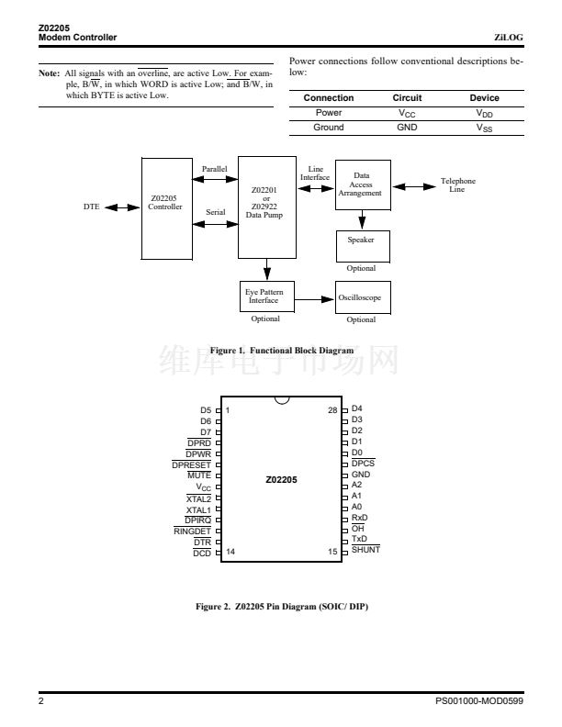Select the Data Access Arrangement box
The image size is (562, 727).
(x=362, y=186)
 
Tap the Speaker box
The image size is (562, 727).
(x=362, y=244)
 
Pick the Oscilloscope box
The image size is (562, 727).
(x=362, y=298)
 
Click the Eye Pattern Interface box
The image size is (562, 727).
(x=264, y=296)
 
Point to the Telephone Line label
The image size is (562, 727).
(x=457, y=185)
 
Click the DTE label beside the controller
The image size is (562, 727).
(x=91, y=207)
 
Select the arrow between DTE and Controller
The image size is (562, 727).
(x=121, y=207)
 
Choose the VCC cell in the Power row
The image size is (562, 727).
(x=407, y=113)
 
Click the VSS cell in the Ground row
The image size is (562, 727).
(x=484, y=128)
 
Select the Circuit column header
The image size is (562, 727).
(x=407, y=98)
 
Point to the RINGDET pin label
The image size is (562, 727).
(x=192, y=531)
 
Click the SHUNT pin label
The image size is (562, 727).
(x=365, y=549)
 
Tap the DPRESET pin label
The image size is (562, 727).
(x=191, y=464)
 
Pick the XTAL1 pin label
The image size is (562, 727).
(x=198, y=509)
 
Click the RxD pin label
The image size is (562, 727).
(x=360, y=517)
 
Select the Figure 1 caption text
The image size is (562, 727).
(x=281, y=351)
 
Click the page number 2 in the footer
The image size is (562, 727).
(x=41, y=700)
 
